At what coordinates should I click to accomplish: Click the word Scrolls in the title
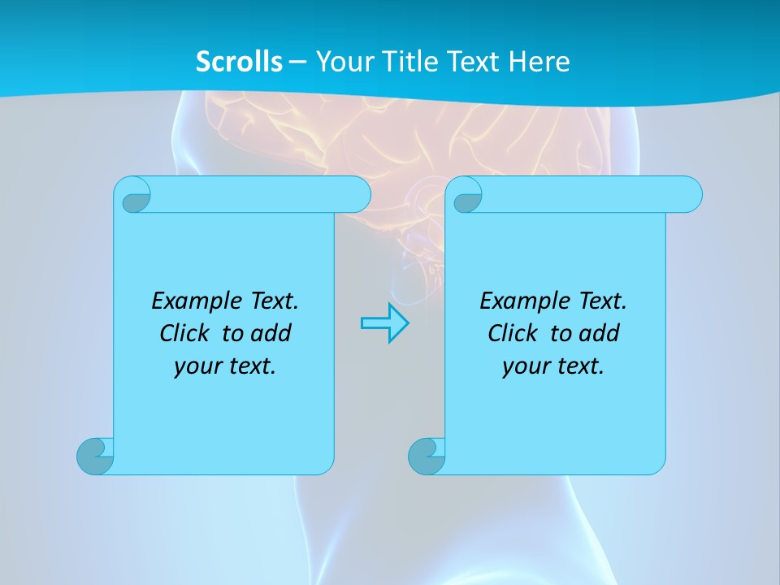tap(239, 61)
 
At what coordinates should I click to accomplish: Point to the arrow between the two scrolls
tap(384, 323)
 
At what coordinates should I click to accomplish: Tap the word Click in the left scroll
tap(184, 333)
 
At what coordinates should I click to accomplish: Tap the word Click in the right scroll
tap(513, 333)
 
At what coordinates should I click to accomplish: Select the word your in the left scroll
tap(195, 367)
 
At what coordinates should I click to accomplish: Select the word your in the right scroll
tap(523, 367)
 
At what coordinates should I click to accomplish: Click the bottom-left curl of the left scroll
tap(96, 456)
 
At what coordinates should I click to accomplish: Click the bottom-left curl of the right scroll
tap(427, 456)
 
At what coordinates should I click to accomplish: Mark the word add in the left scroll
tap(271, 333)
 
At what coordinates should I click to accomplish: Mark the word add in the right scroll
tap(599, 333)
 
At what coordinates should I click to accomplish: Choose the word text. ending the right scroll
tap(578, 366)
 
